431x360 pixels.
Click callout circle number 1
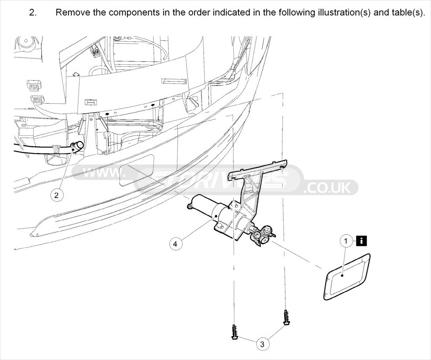click(x=346, y=241)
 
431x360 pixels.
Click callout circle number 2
click(x=56, y=195)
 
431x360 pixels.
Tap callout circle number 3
click(x=262, y=344)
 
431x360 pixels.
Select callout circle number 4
click(x=175, y=244)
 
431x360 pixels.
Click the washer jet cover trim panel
click(x=347, y=277)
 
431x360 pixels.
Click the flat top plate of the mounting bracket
click(x=259, y=169)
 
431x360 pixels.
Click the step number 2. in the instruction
click(x=33, y=12)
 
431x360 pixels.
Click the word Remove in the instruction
click(x=72, y=12)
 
